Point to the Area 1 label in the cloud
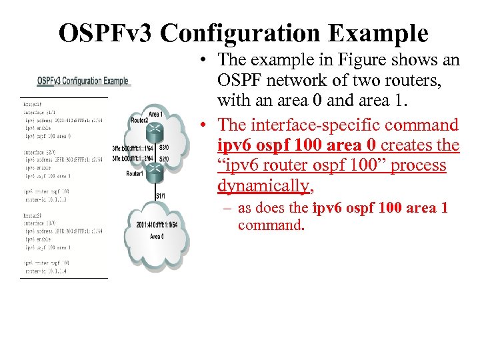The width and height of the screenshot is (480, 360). coord(157,114)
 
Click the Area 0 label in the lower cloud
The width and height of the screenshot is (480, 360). coord(157,236)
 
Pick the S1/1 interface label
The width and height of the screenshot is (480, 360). coord(161,195)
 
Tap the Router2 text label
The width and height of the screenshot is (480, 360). coord(139,120)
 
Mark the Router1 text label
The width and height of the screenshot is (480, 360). coord(136,173)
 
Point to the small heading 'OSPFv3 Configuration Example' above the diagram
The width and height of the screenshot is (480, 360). coord(83,81)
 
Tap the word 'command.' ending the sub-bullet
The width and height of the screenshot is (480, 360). coord(271,225)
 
